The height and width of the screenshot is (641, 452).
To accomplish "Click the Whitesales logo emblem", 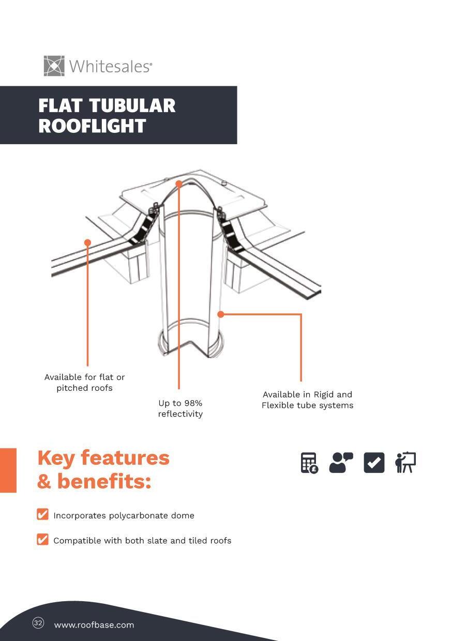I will tap(54, 66).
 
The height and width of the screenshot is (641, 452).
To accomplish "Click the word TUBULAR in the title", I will tap(132, 105).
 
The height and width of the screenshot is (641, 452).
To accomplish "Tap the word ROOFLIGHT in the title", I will tap(92, 126).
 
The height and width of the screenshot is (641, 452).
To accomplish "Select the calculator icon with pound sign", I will tap(309, 463).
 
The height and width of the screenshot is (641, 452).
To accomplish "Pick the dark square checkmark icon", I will tap(374, 463).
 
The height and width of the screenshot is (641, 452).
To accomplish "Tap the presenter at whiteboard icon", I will tap(405, 463).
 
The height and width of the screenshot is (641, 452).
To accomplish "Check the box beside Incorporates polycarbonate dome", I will tap(42, 514).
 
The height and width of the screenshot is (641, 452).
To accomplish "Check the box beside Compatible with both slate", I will tap(42, 540).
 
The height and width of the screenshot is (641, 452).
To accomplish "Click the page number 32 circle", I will tap(38, 623).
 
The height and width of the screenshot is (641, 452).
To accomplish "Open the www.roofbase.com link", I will tap(94, 625).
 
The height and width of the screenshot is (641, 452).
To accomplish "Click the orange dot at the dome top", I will tap(179, 184).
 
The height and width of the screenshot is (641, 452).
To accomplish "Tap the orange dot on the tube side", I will tap(221, 314).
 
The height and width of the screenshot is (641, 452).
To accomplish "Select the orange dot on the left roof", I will tap(87, 242).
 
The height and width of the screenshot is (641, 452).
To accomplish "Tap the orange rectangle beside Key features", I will tap(8, 470).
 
